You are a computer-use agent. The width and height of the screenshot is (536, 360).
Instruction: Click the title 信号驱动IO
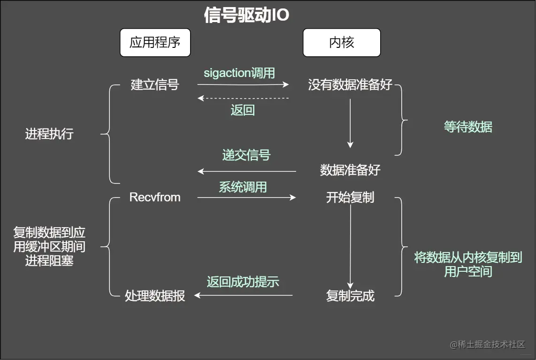[x=247, y=15]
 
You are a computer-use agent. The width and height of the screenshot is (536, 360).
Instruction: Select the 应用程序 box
[x=155, y=43]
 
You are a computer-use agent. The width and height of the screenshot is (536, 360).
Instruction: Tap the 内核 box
[x=341, y=43]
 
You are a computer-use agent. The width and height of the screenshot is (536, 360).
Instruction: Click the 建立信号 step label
[x=155, y=85]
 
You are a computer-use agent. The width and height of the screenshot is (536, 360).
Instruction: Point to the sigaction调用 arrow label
[x=239, y=73]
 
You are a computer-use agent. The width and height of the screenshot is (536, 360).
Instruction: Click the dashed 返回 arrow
[x=243, y=98]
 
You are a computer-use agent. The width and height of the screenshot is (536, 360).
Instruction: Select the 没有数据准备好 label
[x=350, y=85]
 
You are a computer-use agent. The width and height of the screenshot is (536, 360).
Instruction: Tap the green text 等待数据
[x=468, y=127]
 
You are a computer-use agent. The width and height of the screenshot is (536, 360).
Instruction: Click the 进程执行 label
[x=49, y=134]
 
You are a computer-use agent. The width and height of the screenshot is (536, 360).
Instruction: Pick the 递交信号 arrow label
[x=246, y=155]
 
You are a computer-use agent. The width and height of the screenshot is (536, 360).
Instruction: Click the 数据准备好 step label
[x=350, y=170]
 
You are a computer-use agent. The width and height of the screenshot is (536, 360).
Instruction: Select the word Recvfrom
[x=155, y=197]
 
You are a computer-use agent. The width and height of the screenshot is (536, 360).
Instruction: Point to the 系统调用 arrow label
[x=243, y=187]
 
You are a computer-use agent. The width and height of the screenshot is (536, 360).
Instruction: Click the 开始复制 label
[x=350, y=197]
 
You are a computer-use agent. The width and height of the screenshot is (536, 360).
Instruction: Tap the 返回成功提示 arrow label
[x=243, y=282]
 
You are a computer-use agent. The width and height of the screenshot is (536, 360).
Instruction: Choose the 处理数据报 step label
[x=155, y=296]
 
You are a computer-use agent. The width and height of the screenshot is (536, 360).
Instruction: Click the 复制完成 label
[x=350, y=296]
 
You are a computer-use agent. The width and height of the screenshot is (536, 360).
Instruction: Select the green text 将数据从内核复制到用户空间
[x=468, y=264]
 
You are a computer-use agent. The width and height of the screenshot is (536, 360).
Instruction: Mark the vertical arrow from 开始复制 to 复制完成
[x=350, y=246]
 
